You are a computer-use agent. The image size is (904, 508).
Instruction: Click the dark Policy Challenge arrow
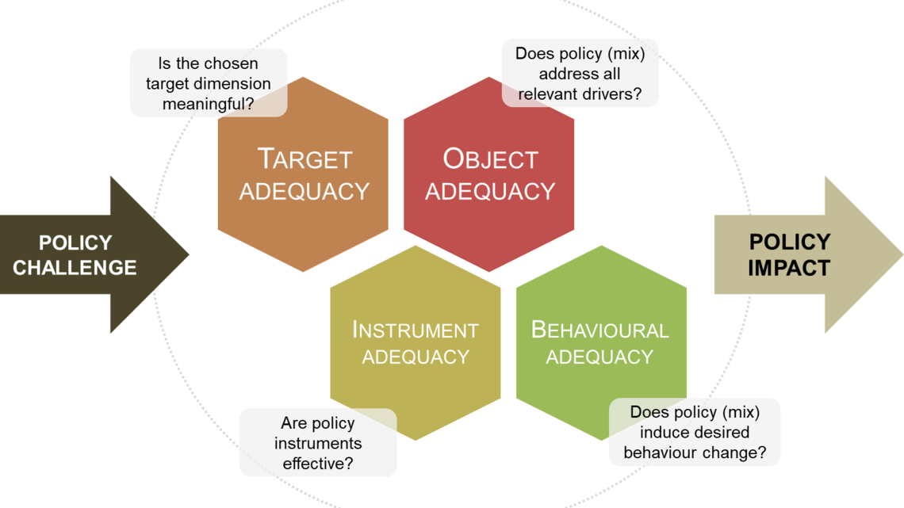pyautogui.click(x=87, y=254)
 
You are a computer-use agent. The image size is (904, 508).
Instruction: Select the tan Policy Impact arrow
pyautogui.click(x=801, y=254)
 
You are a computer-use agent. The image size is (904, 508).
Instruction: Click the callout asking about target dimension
pyautogui.click(x=208, y=82)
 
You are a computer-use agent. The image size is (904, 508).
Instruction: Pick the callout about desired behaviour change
pyautogui.click(x=695, y=433)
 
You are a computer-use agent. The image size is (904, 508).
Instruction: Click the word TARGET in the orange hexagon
pyautogui.click(x=305, y=159)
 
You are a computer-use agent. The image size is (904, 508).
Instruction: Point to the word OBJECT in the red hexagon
pyautogui.click(x=490, y=159)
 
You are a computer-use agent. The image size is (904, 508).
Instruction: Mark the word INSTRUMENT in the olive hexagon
pyautogui.click(x=415, y=330)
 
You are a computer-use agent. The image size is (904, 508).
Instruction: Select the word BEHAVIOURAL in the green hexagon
pyautogui.click(x=599, y=330)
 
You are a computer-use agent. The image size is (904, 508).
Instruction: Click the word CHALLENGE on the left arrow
pyautogui.click(x=75, y=268)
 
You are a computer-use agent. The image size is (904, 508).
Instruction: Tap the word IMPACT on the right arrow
pyautogui.click(x=788, y=268)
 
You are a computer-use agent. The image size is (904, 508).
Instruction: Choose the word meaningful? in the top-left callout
pyautogui.click(x=208, y=102)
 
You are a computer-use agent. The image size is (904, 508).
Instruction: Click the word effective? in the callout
pyautogui.click(x=317, y=464)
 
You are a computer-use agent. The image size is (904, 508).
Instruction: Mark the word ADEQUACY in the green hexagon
pyautogui.click(x=599, y=357)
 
